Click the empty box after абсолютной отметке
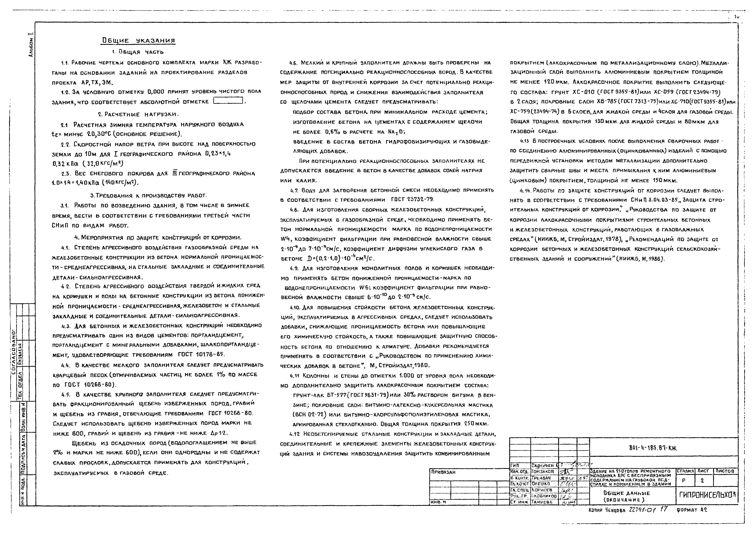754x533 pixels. coord(228,101)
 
